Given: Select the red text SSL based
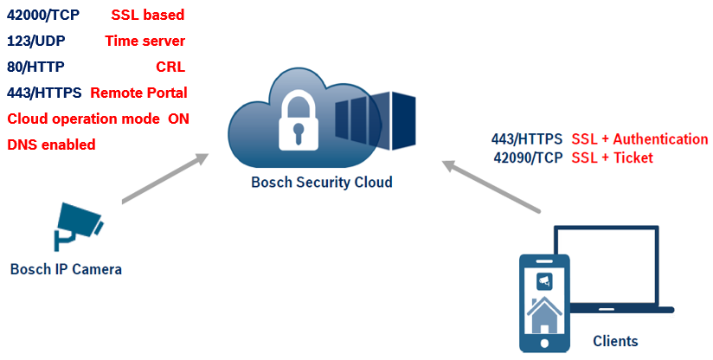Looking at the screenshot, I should (x=147, y=15).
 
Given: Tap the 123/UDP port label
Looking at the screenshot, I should (x=35, y=41).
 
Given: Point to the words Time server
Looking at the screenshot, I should (x=145, y=41).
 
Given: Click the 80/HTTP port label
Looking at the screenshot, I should (x=35, y=67).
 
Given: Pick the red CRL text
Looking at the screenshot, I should (x=170, y=67).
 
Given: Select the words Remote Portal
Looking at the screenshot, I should (x=138, y=93).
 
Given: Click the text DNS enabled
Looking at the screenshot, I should (x=51, y=145).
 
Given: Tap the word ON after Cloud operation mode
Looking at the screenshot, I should (x=179, y=119).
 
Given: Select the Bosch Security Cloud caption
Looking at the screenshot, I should (x=321, y=182).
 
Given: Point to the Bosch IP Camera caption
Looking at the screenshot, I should (x=66, y=269).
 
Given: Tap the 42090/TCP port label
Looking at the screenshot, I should (x=528, y=157).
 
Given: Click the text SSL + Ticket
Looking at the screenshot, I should (x=612, y=157).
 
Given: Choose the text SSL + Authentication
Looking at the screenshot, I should (x=639, y=139).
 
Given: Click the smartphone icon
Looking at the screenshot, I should (x=543, y=303).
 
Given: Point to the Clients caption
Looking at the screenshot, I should (x=615, y=341).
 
